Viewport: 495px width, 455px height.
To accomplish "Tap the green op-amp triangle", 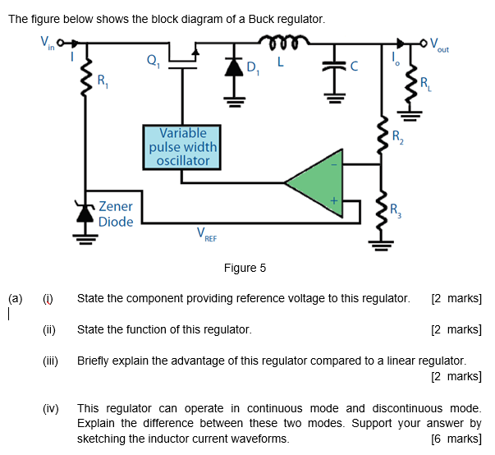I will coord(320,182).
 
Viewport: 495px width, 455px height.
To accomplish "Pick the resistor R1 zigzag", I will coord(84,80).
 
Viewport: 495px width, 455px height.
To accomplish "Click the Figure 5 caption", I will coord(245,268).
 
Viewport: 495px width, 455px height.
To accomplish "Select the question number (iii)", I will coord(51,361).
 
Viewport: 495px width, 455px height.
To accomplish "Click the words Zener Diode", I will coord(115,214).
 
